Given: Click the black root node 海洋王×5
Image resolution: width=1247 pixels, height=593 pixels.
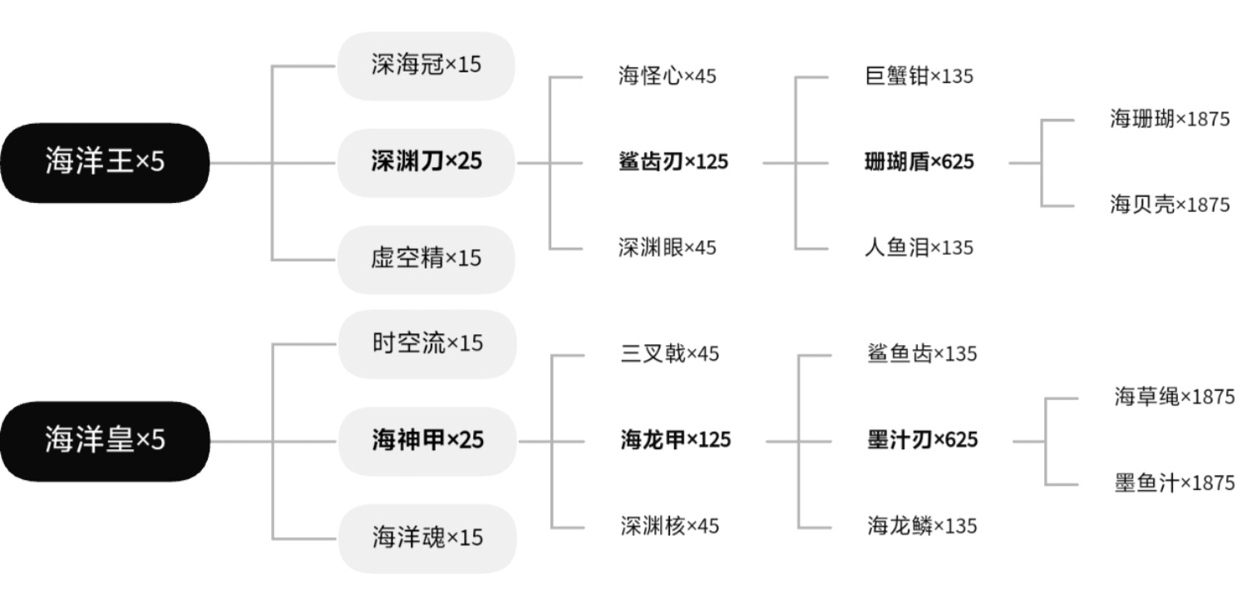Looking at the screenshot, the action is click(105, 162).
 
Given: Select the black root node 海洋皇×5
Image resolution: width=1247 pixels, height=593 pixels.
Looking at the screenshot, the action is click(105, 441).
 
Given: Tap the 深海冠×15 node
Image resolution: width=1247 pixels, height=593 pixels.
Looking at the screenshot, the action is click(426, 66).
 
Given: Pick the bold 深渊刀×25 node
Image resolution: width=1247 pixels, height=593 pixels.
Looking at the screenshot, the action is click(426, 162).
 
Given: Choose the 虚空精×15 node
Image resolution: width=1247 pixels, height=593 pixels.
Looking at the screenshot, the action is click(426, 259).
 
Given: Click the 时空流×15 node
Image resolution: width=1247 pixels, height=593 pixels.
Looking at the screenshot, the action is click(427, 344).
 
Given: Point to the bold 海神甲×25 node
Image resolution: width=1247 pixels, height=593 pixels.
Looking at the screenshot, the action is click(427, 441).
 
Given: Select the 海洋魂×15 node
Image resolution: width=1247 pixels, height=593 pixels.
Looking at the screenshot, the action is click(427, 538).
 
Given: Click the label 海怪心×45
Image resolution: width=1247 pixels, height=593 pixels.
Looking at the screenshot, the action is click(667, 77).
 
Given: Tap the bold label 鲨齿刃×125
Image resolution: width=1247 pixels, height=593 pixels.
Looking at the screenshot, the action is click(673, 162).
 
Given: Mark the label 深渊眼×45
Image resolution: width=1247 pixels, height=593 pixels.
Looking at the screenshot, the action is click(667, 248).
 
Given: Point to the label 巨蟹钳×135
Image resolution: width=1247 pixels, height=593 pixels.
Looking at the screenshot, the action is click(919, 77).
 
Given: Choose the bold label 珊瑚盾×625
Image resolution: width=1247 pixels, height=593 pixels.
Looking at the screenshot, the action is click(919, 162).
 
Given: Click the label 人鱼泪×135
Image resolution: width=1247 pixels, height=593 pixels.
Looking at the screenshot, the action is click(919, 248).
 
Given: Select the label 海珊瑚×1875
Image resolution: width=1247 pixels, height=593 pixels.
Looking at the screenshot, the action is click(1170, 119).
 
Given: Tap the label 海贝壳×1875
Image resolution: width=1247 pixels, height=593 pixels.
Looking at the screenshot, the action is click(1170, 205).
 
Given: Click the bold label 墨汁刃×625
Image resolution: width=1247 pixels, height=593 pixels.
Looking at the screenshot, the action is click(923, 440).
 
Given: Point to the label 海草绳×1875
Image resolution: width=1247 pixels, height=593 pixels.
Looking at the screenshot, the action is click(1175, 397).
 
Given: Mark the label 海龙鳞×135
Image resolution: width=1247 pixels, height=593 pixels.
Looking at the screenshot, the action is click(923, 526).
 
